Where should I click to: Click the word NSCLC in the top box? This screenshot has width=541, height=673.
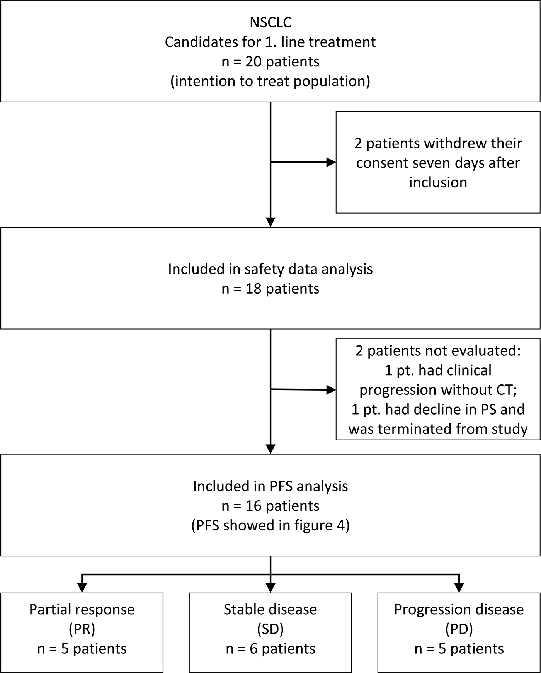pos(270,22)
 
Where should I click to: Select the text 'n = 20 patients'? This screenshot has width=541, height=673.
pos(270,62)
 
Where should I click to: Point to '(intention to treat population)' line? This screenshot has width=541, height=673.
pos(270,82)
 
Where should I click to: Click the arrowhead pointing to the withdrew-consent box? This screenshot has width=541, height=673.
pos(332,162)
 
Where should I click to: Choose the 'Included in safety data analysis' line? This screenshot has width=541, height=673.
pos(270,269)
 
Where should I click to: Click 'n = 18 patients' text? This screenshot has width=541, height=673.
pos(270,289)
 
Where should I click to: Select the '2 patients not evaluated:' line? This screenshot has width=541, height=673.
pos(438,351)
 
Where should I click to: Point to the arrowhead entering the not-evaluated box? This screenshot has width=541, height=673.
pos(332,390)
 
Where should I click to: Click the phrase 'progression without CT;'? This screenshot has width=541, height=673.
pos(438,390)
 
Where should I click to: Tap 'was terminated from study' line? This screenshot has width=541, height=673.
pos(438,429)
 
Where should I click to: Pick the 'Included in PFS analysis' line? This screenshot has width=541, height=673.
pos(270,486)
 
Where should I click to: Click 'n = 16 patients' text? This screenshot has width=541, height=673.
pos(270,506)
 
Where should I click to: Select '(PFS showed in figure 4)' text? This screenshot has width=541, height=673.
pos(270,525)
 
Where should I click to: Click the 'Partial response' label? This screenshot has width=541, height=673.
pos(82,609)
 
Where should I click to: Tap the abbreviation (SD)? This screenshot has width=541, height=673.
pos(270,629)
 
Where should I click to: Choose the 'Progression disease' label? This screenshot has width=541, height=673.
pos(459,609)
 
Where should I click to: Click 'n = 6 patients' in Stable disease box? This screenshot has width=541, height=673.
pos(270,649)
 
